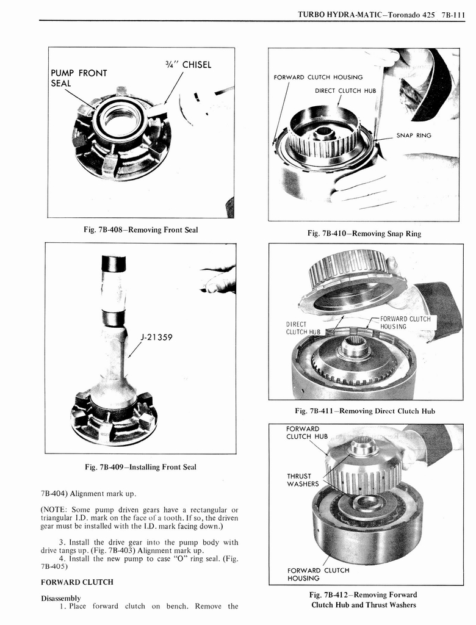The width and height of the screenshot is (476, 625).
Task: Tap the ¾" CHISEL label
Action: pyautogui.click(x=188, y=65)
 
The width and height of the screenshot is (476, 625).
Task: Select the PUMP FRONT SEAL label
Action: pyautogui.click(x=79, y=78)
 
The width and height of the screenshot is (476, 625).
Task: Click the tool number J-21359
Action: pyautogui.click(x=158, y=335)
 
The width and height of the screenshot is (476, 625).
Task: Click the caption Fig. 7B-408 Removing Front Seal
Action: pyautogui.click(x=141, y=230)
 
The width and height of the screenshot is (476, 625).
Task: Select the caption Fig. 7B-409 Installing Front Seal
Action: pyautogui.click(x=140, y=467)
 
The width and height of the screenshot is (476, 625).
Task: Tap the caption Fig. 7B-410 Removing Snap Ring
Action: pyautogui.click(x=364, y=233)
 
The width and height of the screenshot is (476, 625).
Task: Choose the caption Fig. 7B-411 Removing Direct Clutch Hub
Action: pyautogui.click(x=364, y=411)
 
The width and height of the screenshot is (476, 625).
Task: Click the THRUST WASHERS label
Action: pyautogui.click(x=303, y=480)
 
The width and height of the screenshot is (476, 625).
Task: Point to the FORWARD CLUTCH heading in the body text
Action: pyautogui.click(x=77, y=582)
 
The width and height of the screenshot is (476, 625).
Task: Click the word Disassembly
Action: pyautogui.click(x=60, y=598)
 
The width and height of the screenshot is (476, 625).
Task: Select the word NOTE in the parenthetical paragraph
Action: pyautogui.click(x=56, y=510)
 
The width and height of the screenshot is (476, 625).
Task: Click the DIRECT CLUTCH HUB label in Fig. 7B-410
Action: pyautogui.click(x=345, y=90)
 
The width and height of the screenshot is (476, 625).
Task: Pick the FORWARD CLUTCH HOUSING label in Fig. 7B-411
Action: pyautogui.click(x=405, y=323)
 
